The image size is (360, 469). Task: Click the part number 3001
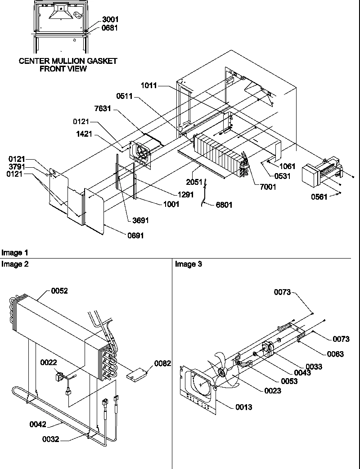(109, 20)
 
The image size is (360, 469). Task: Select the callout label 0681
(109, 28)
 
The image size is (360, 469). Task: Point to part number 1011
(149, 85)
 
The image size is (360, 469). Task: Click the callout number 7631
(103, 110)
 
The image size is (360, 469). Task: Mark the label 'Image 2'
(15, 264)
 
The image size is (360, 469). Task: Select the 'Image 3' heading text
(189, 264)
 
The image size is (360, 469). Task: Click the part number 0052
(59, 291)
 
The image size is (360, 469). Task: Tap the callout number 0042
(39, 423)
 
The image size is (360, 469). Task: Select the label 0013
(243, 407)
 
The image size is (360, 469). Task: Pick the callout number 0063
(335, 354)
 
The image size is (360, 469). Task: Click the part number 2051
(195, 182)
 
